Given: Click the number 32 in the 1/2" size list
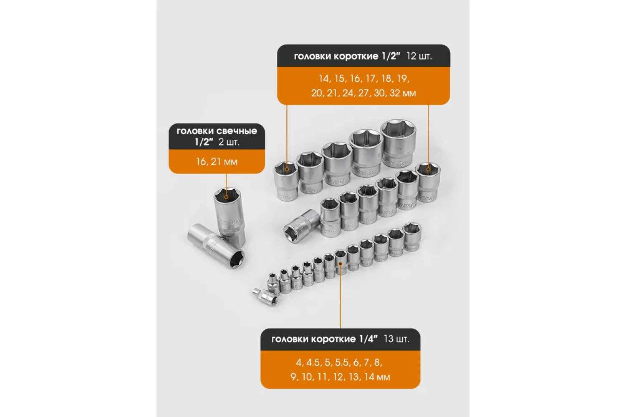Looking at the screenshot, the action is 395,93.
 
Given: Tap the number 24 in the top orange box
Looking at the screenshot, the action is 348,93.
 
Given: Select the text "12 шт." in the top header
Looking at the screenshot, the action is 419,56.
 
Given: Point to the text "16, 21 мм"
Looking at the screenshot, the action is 217,161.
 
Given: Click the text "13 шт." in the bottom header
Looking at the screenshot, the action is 396,339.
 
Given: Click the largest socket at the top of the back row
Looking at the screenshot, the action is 398,143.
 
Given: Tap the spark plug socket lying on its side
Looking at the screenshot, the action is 216,245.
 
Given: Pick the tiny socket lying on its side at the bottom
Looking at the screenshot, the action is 265,297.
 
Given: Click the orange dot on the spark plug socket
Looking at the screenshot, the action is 226,197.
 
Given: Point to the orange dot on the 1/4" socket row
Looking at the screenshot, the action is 341,264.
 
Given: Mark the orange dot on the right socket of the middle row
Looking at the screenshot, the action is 428,169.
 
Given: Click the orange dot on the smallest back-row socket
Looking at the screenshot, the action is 287,169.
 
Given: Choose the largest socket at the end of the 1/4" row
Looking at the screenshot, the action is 412,236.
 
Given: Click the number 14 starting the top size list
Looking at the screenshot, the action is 323,79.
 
